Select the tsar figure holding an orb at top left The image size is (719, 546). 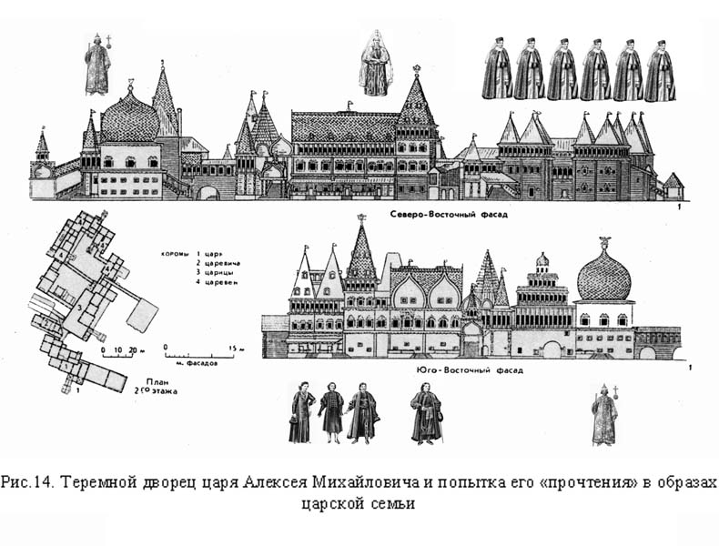click(97, 65)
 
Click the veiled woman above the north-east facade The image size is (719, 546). click(375, 63)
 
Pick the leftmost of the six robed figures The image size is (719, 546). click(497, 69)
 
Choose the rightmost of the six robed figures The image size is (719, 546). click(660, 69)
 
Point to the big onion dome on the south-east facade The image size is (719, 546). click(604, 275)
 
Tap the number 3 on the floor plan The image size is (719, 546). click(82, 309)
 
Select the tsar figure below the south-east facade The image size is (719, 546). click(603, 415)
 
